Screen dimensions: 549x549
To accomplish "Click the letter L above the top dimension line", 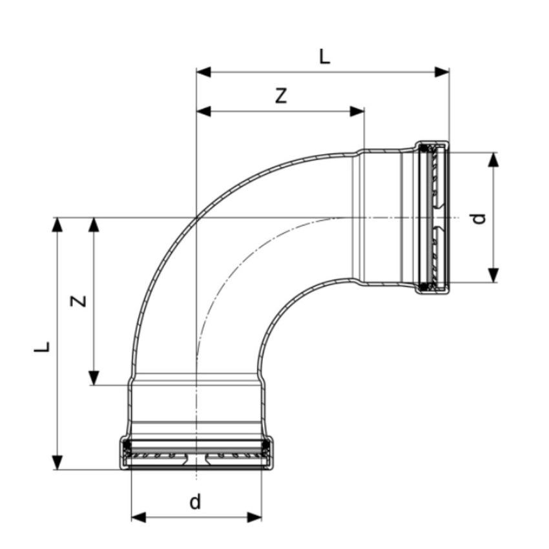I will pos(324,57).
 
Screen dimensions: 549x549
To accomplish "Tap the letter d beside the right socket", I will pos(478,218).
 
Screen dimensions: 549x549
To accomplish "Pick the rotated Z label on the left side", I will pos(78,300).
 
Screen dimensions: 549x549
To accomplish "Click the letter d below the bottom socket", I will pos(195,501).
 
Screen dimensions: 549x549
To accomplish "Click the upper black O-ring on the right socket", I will pos(424,150).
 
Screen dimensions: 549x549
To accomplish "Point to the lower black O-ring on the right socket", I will pos(424,286).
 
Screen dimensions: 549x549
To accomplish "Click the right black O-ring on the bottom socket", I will pos(265,445).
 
